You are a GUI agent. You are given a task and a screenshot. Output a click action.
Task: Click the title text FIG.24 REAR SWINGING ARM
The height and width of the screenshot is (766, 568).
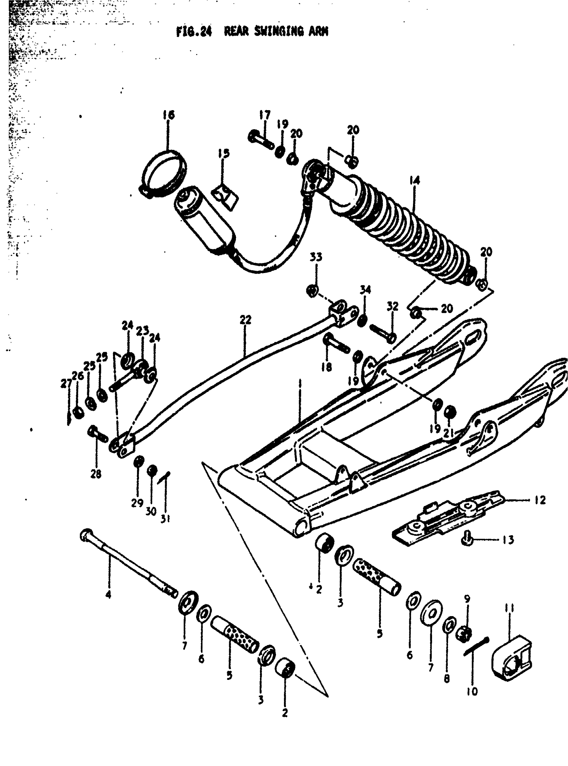click(x=252, y=32)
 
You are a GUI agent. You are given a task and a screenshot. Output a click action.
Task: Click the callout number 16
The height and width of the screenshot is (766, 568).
click(x=169, y=115)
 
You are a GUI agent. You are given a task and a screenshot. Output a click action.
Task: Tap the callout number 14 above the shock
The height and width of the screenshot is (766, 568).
click(x=415, y=181)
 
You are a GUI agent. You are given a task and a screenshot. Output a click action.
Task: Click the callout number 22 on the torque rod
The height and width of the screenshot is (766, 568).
click(x=246, y=320)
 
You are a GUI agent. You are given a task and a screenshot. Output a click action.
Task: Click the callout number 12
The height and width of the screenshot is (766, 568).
click(x=540, y=500)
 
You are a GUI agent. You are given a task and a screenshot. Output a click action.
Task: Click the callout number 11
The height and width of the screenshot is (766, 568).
click(x=510, y=609)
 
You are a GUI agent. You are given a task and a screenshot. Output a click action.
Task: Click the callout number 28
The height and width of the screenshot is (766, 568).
click(x=96, y=474)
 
